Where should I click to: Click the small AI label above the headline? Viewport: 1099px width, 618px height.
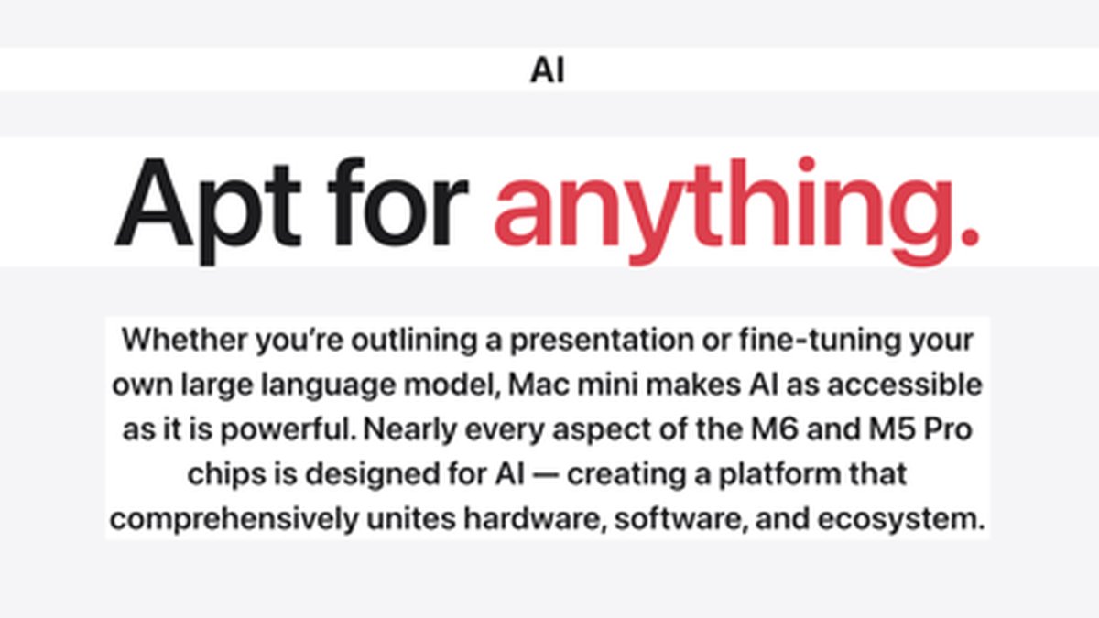tap(548, 70)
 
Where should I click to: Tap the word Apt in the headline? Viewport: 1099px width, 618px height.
tap(208, 210)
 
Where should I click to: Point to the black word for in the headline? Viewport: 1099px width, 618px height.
tap(397, 201)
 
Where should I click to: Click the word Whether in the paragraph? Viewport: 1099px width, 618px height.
tap(184, 340)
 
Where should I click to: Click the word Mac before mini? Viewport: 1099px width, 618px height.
tap(539, 385)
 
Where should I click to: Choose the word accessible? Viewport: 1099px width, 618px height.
tap(905, 385)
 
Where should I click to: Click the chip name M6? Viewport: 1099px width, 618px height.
tap(775, 430)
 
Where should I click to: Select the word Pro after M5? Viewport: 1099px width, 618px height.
tap(948, 430)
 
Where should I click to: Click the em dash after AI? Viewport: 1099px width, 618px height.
tap(546, 476)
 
